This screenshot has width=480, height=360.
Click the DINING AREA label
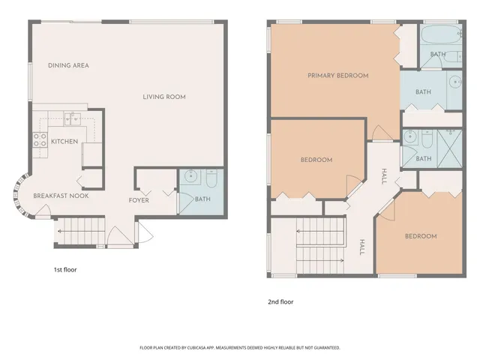click(68, 66)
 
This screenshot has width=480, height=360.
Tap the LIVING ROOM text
click(164, 97)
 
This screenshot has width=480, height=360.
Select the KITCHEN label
click(64, 141)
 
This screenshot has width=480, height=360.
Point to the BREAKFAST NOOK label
click(61, 196)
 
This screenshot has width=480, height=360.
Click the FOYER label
click(138, 200)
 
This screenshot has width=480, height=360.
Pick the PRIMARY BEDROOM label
click(337, 76)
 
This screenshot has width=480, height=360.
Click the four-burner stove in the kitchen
click(39, 140)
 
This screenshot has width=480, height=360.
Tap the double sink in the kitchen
click(72, 117)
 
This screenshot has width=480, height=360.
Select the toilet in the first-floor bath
click(211, 178)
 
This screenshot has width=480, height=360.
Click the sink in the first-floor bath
click(190, 178)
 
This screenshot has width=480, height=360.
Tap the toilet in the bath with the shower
click(426, 140)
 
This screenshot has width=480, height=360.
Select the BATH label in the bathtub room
click(438, 54)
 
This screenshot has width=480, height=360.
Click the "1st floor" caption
click(64, 269)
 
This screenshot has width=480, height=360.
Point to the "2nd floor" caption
click(280, 302)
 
